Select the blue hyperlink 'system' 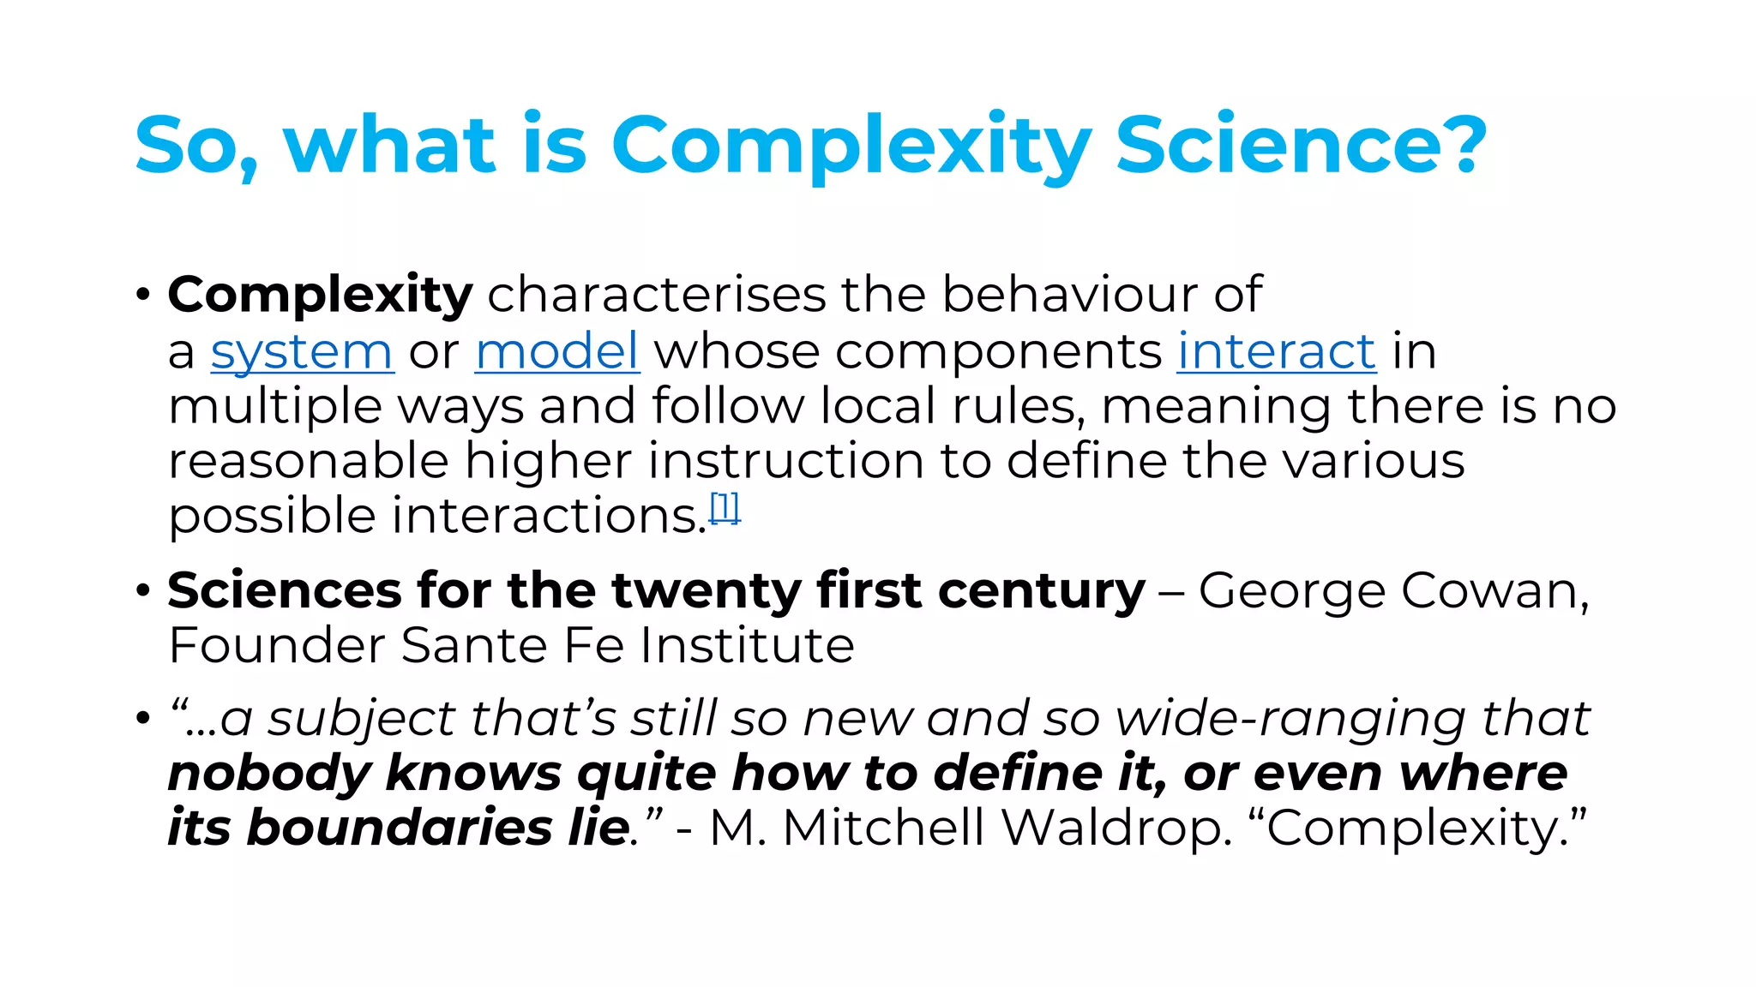tap(302, 352)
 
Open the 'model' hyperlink tap(557, 350)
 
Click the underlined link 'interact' tap(1277, 350)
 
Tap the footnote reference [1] tap(725, 509)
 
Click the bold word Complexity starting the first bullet tap(320, 296)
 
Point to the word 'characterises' tap(657, 295)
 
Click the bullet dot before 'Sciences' tap(143, 590)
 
